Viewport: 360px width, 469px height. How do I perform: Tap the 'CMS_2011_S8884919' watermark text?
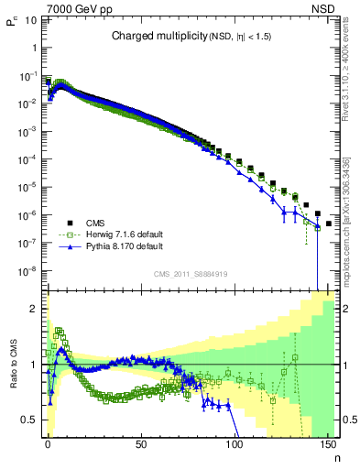tap(190, 274)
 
